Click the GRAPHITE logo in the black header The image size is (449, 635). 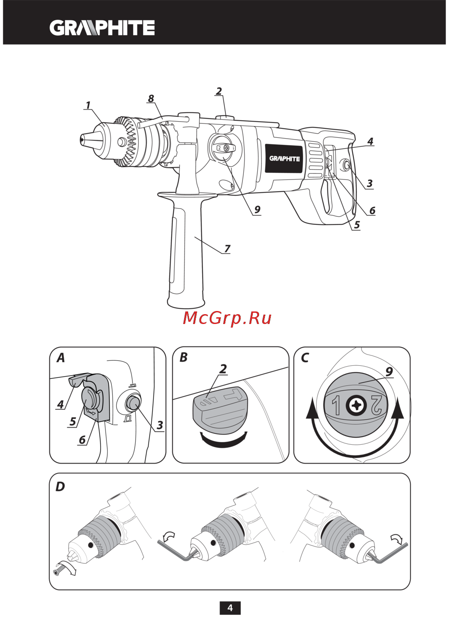(x=102, y=28)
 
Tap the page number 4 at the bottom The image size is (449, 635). (x=230, y=608)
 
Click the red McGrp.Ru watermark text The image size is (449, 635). (x=227, y=318)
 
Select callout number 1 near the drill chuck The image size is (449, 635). (x=88, y=105)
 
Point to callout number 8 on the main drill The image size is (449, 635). (x=151, y=98)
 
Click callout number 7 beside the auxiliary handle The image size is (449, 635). (x=227, y=248)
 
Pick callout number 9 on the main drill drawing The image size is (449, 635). (x=257, y=209)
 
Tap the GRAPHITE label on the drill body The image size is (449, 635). (x=284, y=158)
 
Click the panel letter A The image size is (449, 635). (x=61, y=358)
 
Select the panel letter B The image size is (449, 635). (x=183, y=357)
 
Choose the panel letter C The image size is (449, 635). (x=305, y=358)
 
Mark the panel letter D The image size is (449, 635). (x=60, y=486)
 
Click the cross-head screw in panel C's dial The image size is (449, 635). (x=357, y=406)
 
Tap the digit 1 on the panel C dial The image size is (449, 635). (x=336, y=405)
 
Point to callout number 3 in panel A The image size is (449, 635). (x=159, y=425)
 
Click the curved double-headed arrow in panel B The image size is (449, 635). (x=224, y=439)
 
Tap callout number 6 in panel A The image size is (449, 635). (x=82, y=439)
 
